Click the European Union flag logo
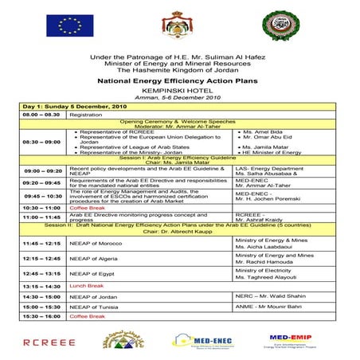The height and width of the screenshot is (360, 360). click(69, 27)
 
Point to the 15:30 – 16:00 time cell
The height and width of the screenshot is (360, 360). click(42, 316)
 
